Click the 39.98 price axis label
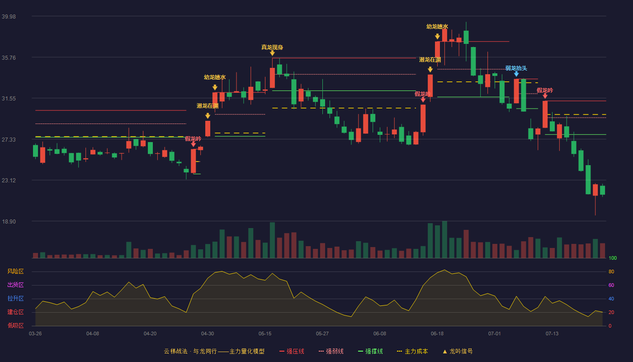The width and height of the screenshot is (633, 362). point(9,17)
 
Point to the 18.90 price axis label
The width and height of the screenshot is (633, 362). point(9,222)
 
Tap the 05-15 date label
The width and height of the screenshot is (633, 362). point(265,334)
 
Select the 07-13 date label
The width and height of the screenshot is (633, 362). point(552,334)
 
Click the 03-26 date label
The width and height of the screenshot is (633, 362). point(35,334)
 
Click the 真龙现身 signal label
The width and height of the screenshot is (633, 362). point(272,47)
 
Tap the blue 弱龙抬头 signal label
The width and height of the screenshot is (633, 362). point(516,68)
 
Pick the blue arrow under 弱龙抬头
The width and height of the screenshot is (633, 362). point(516,74)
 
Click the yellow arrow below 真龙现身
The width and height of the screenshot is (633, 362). point(272,53)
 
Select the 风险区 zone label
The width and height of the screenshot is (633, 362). point(15,271)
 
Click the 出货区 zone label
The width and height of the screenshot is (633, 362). point(15,285)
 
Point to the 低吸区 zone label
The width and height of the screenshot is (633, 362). point(15,325)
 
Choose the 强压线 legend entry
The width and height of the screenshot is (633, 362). point(292,351)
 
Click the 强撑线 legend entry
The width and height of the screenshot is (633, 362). point(370,351)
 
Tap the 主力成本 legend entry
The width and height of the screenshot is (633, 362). point(412,351)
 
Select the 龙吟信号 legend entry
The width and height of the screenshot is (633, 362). point(458,351)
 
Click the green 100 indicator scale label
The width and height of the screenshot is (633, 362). point(613,258)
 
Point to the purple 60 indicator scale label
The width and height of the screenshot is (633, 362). point(611,285)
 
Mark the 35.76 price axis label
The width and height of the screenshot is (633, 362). point(9,58)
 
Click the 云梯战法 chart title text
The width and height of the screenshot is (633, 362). point(175,351)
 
